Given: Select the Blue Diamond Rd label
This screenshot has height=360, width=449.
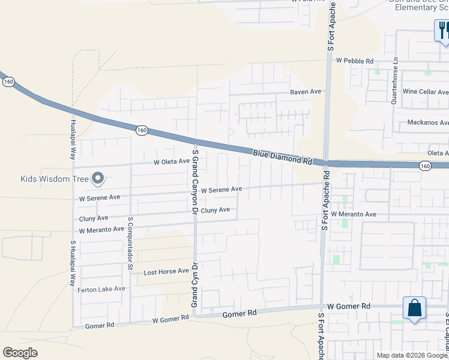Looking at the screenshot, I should pyautogui.click(x=283, y=158).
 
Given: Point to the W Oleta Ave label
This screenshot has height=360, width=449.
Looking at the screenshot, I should pyautogui.click(x=172, y=162).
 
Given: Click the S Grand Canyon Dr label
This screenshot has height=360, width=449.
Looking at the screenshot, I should pyautogui.click(x=194, y=182).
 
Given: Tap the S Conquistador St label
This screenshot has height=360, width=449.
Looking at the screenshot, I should pyautogui.click(x=130, y=243).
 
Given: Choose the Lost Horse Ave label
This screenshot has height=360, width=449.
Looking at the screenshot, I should pyautogui.click(x=166, y=272).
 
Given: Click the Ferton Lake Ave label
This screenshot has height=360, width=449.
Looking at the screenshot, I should pyautogui.click(x=101, y=289).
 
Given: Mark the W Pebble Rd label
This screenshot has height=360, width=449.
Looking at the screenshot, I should pyautogui.click(x=354, y=61).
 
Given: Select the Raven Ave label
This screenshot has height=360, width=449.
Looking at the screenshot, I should pyautogui.click(x=306, y=92).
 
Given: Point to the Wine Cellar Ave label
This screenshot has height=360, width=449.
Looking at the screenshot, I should pyautogui.click(x=426, y=92).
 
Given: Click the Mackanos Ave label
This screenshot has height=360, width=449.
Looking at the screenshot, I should pyautogui.click(x=427, y=122).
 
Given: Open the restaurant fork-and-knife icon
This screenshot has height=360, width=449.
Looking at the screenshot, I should pyautogui.click(x=442, y=29).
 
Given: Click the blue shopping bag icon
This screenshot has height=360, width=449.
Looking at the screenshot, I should pyautogui.click(x=414, y=308).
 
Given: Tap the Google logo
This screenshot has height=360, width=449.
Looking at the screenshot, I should pyautogui.click(x=20, y=353).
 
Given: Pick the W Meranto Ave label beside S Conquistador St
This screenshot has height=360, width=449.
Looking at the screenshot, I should pyautogui.click(x=101, y=229).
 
